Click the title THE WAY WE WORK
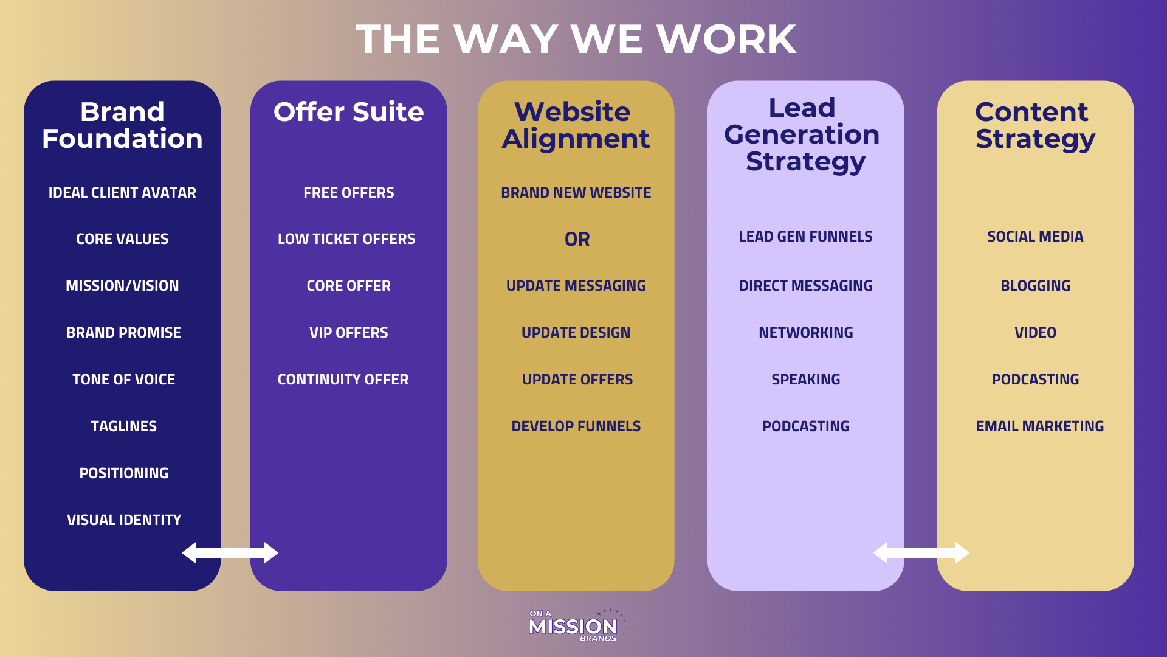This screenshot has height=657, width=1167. click(576, 39)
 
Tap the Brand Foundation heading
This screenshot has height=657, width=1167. click(122, 125)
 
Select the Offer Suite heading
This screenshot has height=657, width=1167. click(348, 112)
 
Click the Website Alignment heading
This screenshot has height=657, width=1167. click(576, 125)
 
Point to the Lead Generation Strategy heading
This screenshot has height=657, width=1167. click(802, 134)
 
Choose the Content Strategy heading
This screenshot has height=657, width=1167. click(1034, 125)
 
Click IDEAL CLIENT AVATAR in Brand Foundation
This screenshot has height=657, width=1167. click(122, 193)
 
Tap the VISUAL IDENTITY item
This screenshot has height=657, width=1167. click(124, 520)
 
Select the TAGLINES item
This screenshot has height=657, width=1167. click(124, 426)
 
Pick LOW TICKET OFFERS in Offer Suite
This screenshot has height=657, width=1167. click(346, 239)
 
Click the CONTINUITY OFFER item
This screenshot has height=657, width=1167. click(343, 380)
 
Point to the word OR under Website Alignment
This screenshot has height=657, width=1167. click(577, 240)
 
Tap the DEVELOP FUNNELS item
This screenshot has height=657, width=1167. click(576, 426)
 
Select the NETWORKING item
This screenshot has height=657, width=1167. click(805, 333)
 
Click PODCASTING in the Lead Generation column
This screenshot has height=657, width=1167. click(805, 426)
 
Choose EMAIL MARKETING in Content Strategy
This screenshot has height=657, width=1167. click(1039, 426)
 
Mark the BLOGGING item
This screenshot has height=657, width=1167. click(1035, 286)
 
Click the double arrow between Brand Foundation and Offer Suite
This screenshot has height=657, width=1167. click(230, 552)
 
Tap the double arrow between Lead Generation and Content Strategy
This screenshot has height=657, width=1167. click(921, 552)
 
